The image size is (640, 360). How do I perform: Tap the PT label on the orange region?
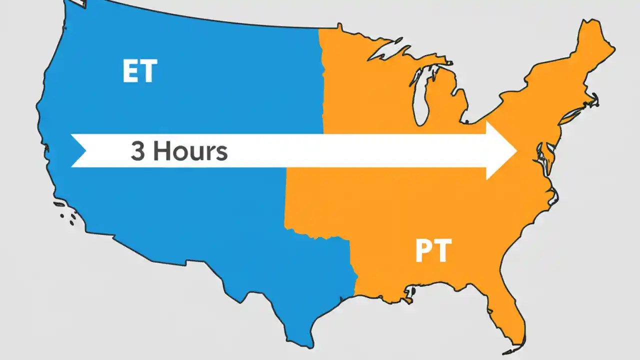click(x=433, y=251)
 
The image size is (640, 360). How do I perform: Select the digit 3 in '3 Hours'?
click(x=138, y=150)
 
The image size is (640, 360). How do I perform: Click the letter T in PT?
click(x=443, y=251)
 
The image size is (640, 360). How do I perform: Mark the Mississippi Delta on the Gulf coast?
click(x=410, y=295)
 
